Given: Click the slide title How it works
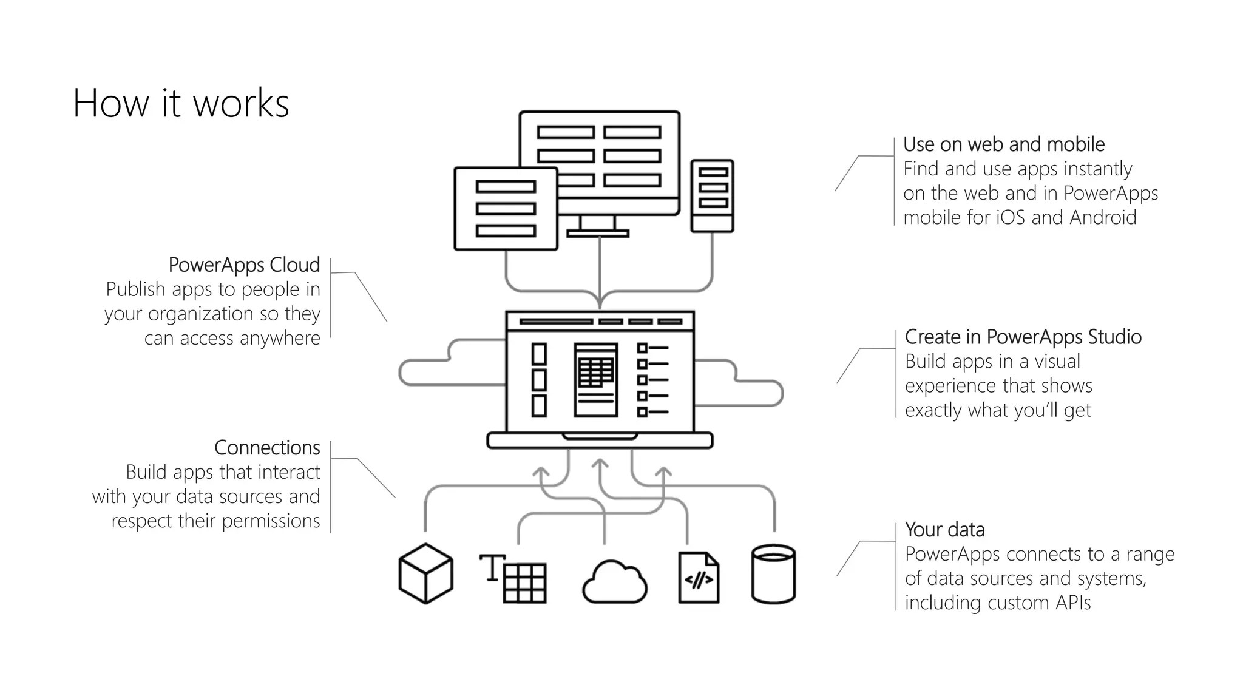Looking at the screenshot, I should click(x=181, y=103).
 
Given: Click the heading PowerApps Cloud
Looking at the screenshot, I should click(x=244, y=265).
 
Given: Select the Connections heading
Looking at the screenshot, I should click(x=267, y=448).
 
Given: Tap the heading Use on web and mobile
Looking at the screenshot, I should click(x=1004, y=144).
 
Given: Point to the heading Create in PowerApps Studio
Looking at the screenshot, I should click(x=1023, y=337).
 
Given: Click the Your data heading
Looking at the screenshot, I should click(x=944, y=530).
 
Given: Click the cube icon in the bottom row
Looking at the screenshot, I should click(x=425, y=573).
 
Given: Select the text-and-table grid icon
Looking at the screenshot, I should click(x=513, y=578).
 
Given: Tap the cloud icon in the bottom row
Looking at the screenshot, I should click(x=614, y=582).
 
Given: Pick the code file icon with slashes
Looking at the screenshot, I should click(x=699, y=578).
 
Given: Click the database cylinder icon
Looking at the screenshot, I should click(x=773, y=574).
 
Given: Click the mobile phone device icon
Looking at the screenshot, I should click(x=713, y=195).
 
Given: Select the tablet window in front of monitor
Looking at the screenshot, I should click(x=506, y=209).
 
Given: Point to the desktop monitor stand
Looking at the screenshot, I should click(x=598, y=227).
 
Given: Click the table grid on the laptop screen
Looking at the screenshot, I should click(x=595, y=371).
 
